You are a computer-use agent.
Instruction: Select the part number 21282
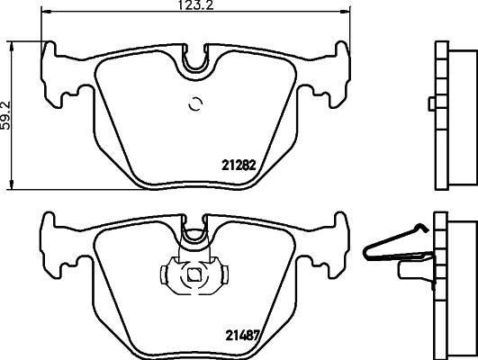(239, 165)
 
